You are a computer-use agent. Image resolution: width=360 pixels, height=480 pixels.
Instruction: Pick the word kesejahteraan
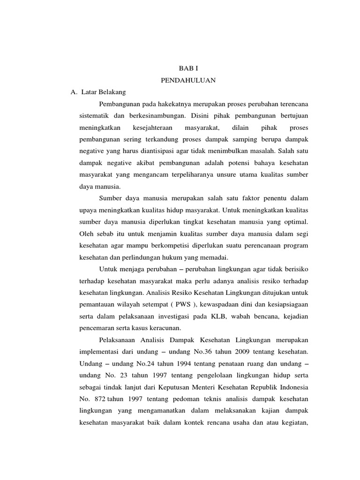click(x=153, y=127)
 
